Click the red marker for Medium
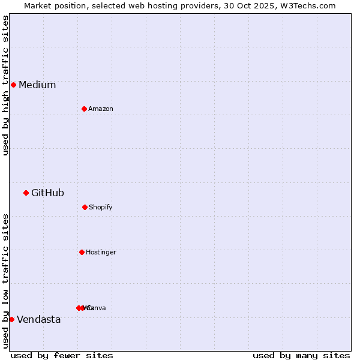13,85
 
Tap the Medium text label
37,85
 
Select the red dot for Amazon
84,109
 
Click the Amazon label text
101,109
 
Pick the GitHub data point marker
26,193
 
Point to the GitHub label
47,193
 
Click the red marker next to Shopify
85,207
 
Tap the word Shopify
101,208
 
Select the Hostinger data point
82,252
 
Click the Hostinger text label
101,253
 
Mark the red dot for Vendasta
11,319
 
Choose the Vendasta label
38,320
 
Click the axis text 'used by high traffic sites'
5,85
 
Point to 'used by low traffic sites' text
5,281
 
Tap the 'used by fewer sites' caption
62,355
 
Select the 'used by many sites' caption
301,355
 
